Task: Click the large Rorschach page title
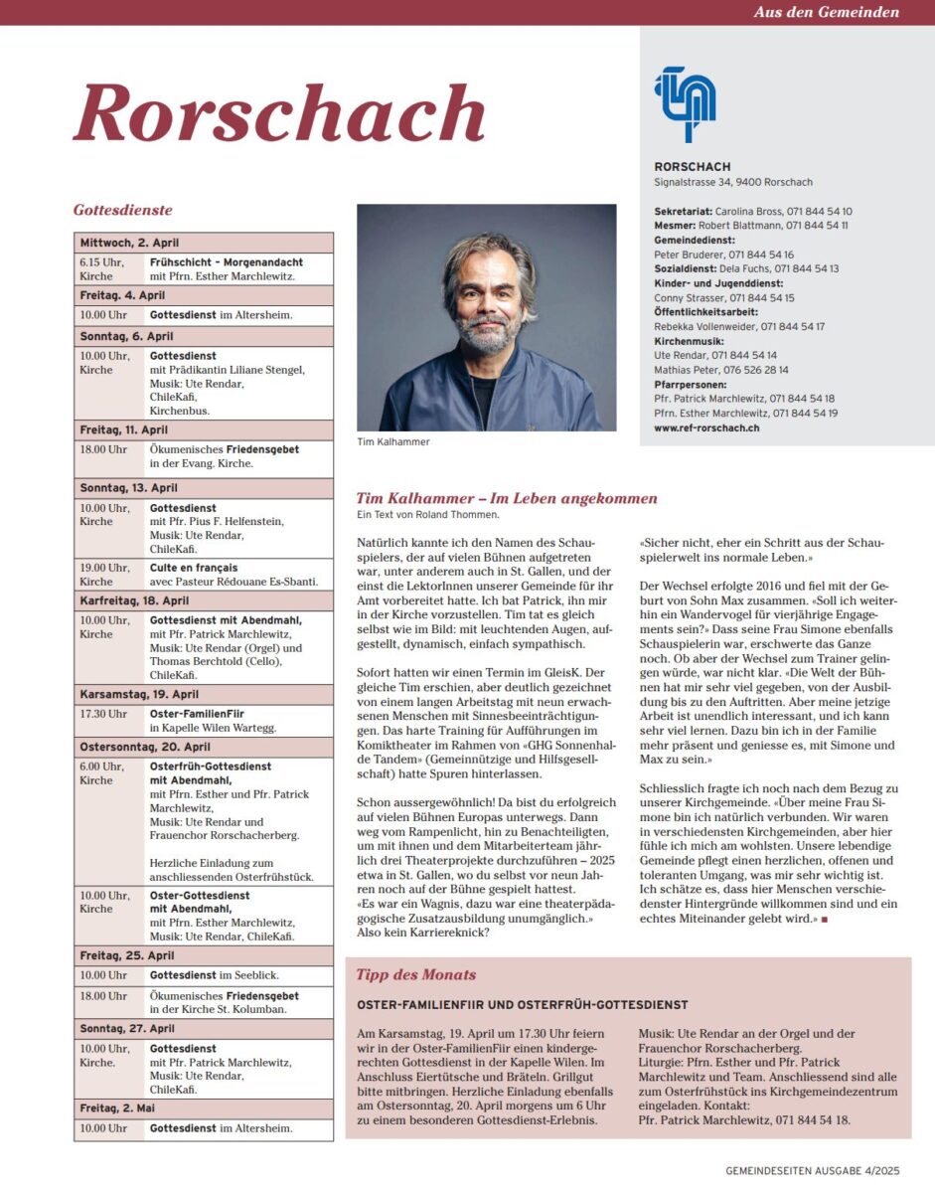tap(279, 112)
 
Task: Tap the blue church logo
tap(686, 103)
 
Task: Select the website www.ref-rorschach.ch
tap(706, 426)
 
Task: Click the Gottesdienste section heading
tap(123, 210)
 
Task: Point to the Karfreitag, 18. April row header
tap(134, 601)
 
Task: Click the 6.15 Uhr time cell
tap(102, 268)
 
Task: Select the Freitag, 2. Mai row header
tap(118, 1108)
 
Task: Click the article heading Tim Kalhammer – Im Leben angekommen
tap(506, 498)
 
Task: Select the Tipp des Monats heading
tap(415, 974)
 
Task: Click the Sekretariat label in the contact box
tap(682, 212)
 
